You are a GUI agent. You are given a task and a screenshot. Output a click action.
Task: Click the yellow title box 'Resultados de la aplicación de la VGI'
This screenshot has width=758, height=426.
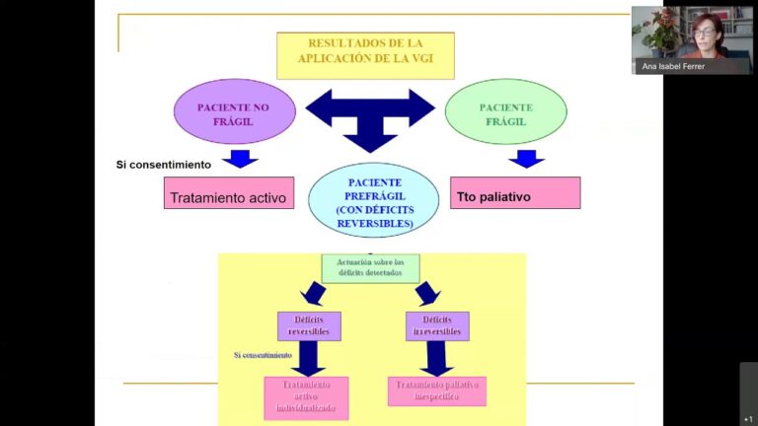(365, 55)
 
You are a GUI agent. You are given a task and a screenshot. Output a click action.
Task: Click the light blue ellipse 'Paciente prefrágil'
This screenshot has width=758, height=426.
(373, 201)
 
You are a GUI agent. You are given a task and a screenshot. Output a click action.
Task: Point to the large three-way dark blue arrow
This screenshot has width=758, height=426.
(370, 112)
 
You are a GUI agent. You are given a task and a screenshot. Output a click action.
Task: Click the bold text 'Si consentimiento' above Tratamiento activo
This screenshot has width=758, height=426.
(164, 164)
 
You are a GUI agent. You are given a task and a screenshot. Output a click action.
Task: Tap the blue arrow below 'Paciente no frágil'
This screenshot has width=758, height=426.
(240, 159)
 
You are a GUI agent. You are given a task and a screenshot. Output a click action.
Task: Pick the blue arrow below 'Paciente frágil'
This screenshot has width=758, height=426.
(528, 159)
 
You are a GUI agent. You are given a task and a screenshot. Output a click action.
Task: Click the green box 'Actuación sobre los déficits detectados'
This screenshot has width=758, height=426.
(370, 267)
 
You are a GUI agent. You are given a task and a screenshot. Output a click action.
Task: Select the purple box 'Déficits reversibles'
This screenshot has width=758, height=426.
(308, 325)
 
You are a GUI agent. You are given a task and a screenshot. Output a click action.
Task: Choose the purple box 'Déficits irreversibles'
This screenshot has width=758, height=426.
(437, 325)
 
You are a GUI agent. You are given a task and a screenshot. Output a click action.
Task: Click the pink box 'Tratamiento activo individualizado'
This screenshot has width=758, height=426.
(306, 397)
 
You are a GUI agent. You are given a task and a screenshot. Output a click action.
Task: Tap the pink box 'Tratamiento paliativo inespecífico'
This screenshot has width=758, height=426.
(437, 390)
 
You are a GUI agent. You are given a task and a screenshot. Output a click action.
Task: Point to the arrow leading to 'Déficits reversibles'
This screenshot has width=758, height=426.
(315, 293)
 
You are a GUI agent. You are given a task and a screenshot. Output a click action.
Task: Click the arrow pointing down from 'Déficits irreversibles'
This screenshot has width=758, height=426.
(435, 357)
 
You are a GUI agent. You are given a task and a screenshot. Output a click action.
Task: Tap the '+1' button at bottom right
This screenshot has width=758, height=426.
(748, 418)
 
